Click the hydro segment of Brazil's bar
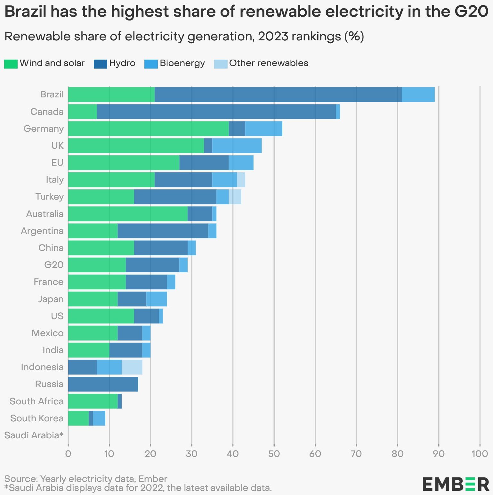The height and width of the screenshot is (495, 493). click(x=278, y=95)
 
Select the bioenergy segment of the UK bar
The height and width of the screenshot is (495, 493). click(x=237, y=145)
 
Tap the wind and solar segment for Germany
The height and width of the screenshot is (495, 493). click(x=148, y=128)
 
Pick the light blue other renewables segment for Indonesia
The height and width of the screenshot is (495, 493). click(x=132, y=367)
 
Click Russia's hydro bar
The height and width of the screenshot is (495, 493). click(x=103, y=384)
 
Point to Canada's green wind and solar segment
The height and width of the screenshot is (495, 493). click(x=82, y=111)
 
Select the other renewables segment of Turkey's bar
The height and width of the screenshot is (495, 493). click(x=235, y=197)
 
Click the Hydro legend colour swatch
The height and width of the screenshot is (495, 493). click(x=100, y=64)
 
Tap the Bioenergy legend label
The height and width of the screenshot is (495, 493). click(x=182, y=63)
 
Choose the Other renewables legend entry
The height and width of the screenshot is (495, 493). click(x=269, y=63)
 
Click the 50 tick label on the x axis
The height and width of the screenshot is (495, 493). click(x=274, y=454)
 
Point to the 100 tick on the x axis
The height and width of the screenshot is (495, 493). click(x=480, y=454)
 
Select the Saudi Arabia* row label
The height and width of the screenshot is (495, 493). click(x=34, y=435)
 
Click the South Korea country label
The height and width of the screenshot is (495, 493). click(x=37, y=418)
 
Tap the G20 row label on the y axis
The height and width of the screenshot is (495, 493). click(x=54, y=265)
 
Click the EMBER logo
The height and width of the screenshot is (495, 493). click(x=456, y=484)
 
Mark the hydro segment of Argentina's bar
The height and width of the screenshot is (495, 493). click(x=163, y=231)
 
